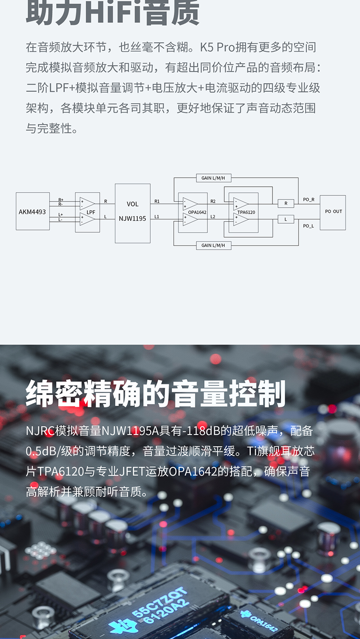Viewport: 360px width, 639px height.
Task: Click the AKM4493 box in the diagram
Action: tap(33, 211)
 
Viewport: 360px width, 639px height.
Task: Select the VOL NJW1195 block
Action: tap(133, 213)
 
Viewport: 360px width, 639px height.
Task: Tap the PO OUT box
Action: tap(333, 212)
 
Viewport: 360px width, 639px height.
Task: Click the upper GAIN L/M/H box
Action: tap(213, 178)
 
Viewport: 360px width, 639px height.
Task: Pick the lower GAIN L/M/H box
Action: tap(213, 245)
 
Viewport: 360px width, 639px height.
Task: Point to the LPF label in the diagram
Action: tap(91, 212)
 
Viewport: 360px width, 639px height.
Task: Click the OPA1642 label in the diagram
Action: tap(197, 212)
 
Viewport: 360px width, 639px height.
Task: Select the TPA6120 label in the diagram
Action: tap(246, 212)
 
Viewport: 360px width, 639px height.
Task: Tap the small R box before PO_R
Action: tap(286, 204)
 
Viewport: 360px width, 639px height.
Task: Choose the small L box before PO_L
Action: tap(286, 220)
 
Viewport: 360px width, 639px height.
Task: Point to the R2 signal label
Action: tap(213, 201)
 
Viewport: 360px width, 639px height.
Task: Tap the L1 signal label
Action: tap(157, 217)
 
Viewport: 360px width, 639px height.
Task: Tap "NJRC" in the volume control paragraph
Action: tap(40, 430)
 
